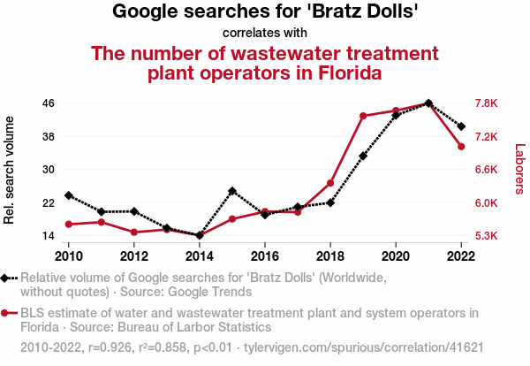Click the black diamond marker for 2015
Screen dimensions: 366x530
(232, 191)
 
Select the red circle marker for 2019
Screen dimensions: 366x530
(363, 116)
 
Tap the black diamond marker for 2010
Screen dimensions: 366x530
(69, 195)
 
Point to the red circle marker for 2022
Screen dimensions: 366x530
(461, 147)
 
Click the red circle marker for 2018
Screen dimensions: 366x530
(330, 183)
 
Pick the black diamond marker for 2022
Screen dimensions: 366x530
(461, 126)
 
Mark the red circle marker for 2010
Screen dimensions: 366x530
(69, 225)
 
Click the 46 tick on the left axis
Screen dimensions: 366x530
(49, 103)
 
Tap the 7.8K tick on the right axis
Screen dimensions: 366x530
(488, 103)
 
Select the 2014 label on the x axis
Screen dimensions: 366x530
(200, 256)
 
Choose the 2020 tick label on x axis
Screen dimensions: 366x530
(396, 256)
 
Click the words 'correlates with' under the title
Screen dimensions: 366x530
(265, 34)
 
